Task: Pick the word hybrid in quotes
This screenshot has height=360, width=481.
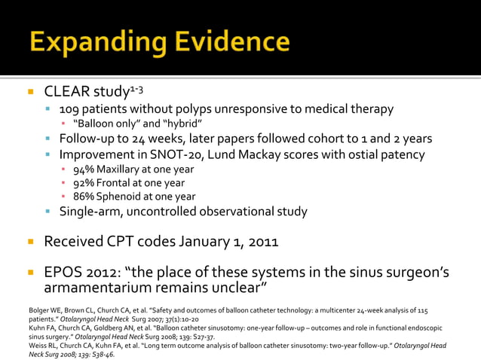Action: (x=180, y=124)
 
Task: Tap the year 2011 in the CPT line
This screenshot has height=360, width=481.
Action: (x=261, y=242)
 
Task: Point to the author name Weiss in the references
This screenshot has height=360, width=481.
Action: (x=38, y=345)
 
